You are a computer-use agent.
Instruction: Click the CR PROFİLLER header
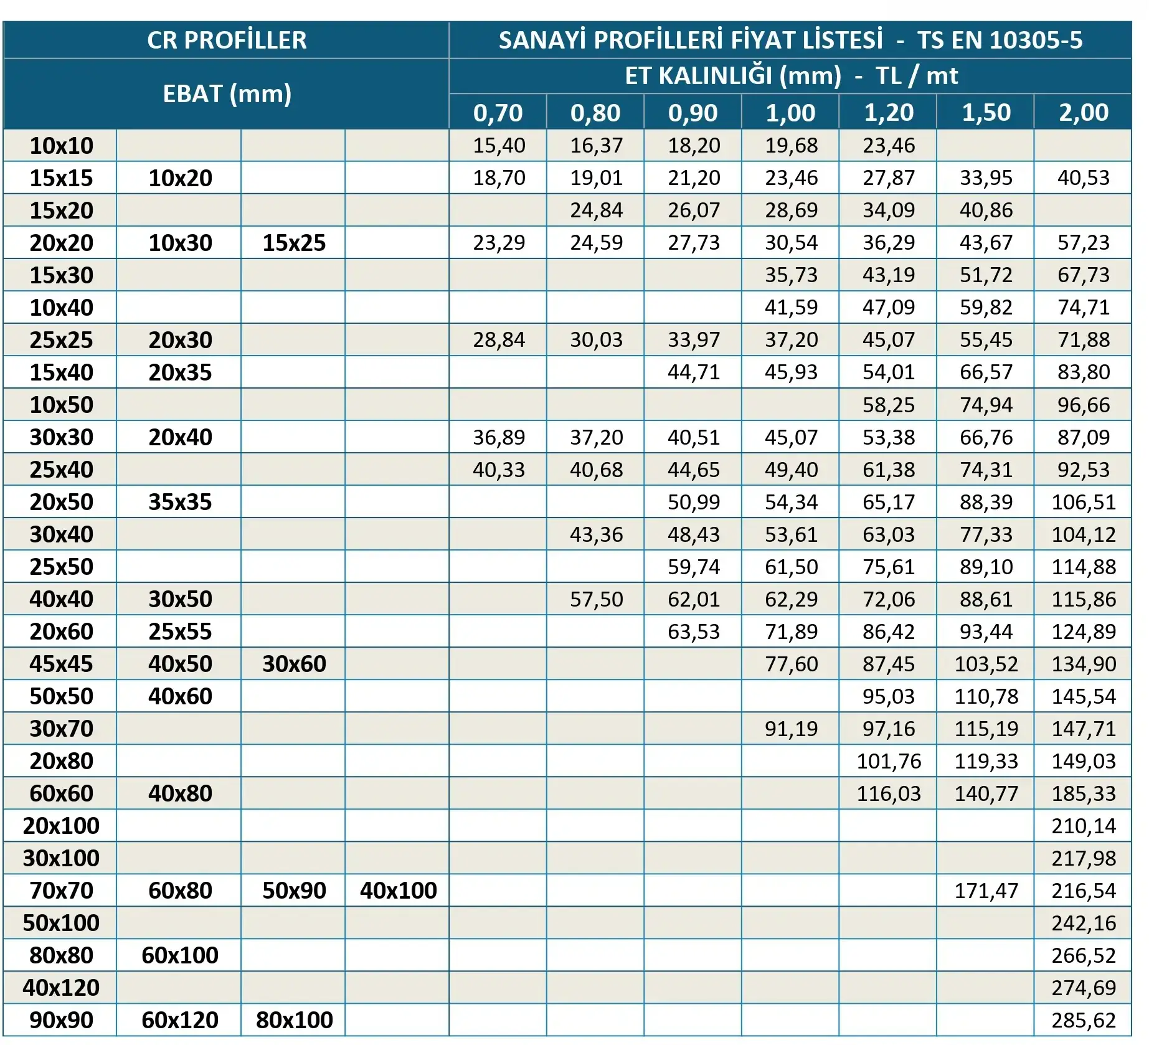(227, 40)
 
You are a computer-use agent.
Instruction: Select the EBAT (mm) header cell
(227, 94)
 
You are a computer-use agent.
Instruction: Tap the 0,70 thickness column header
(498, 113)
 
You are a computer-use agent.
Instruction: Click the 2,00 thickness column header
(1084, 113)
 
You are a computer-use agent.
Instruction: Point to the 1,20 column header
(889, 113)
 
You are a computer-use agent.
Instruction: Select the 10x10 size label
(61, 146)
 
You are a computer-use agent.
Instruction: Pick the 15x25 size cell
(294, 243)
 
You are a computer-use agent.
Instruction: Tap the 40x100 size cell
(398, 891)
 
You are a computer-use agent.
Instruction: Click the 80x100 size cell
(294, 1020)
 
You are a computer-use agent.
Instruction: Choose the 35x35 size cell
(180, 502)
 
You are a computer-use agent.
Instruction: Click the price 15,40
(499, 146)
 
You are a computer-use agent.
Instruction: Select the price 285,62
(1084, 1020)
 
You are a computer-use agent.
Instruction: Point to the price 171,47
(986, 891)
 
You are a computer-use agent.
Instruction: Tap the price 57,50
(596, 599)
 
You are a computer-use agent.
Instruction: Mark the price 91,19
(791, 729)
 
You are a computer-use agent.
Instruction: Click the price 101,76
(889, 761)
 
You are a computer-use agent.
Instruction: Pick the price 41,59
(791, 308)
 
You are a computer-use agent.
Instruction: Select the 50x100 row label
(61, 923)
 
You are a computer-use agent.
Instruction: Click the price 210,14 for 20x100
(1084, 826)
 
